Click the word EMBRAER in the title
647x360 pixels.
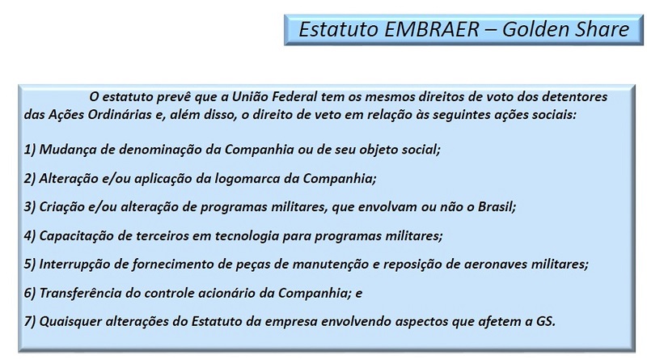(x=432, y=29)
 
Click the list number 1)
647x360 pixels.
(x=30, y=150)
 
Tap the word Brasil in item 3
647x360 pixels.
(x=497, y=207)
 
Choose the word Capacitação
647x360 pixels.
(x=76, y=235)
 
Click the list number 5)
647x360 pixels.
(x=30, y=265)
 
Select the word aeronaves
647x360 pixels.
(x=495, y=265)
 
